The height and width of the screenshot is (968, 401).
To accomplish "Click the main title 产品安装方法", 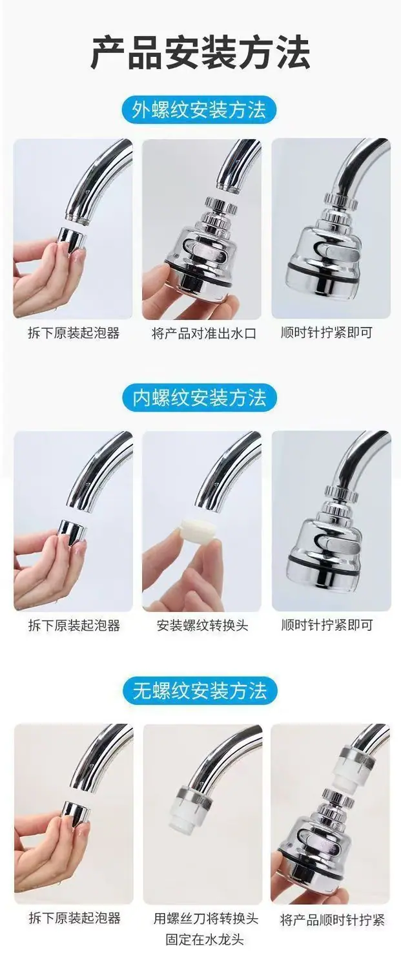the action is pyautogui.click(x=200, y=53).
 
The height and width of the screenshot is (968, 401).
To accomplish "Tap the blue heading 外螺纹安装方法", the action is pyautogui.click(x=199, y=110).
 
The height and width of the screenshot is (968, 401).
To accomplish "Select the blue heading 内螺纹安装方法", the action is pyautogui.click(x=200, y=397).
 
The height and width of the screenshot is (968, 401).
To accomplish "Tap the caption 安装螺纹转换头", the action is pyautogui.click(x=203, y=626).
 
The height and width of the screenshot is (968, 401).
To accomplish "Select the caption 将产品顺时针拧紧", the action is pyautogui.click(x=332, y=919).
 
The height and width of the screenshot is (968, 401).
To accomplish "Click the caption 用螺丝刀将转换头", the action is pyautogui.click(x=206, y=918).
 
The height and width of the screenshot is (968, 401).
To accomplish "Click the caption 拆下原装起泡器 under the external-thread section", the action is pyautogui.click(x=74, y=333).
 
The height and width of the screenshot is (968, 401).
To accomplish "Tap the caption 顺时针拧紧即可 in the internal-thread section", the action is pyautogui.click(x=327, y=625).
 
